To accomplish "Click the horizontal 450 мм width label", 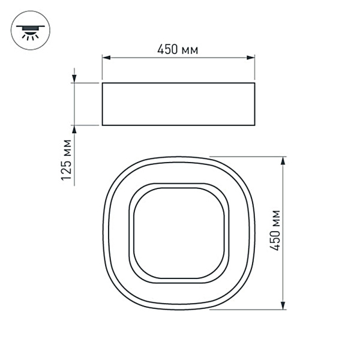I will pos(178,49).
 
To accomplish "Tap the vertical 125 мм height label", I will pos(67,160).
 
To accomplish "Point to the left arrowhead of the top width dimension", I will pos(106,58).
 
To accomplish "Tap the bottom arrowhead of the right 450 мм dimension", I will pos(283,305).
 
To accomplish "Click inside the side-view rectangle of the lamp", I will pos(178,104).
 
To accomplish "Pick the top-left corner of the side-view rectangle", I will pos(103,83).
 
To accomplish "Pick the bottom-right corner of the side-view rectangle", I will pos(254,125).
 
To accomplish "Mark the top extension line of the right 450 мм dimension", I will pos(252,157).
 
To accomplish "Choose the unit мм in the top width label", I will pos(190,50).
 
